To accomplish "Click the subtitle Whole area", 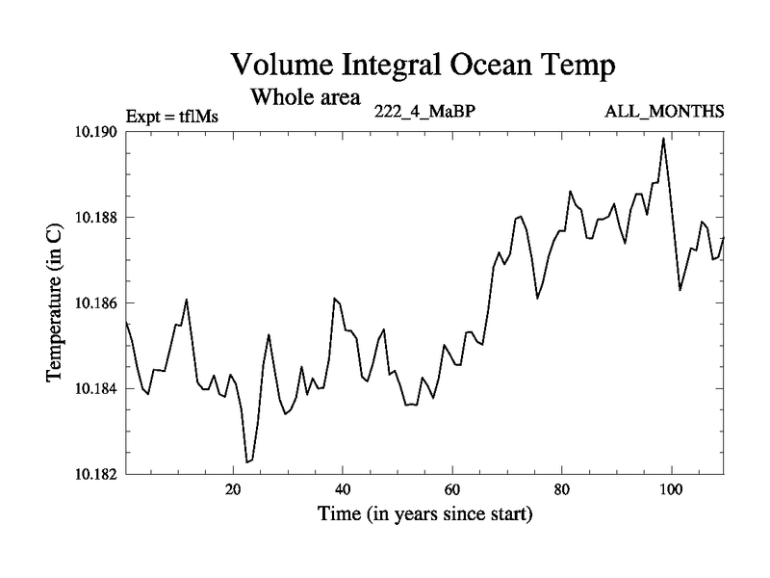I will coord(305,96).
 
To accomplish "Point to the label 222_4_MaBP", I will coord(424,112).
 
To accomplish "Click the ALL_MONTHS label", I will coord(664,112).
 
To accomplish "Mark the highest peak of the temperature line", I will coord(663,138).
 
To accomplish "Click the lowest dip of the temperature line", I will coord(247,462).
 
